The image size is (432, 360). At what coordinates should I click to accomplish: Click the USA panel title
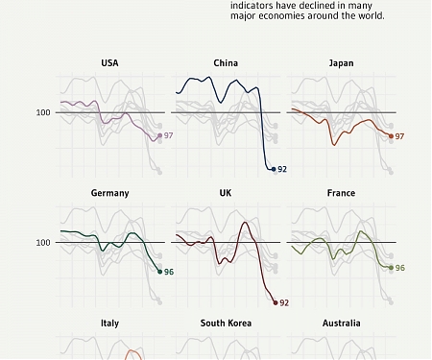click(109, 63)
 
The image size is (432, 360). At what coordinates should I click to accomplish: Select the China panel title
click(226, 63)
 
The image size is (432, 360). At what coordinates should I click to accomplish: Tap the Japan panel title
click(341, 63)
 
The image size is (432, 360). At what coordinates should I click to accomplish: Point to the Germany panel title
click(109, 193)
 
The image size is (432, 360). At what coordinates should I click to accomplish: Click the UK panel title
click(226, 193)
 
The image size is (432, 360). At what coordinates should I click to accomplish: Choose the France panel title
click(341, 193)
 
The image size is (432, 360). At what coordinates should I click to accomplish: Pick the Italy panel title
click(109, 324)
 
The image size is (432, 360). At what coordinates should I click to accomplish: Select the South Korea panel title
click(226, 324)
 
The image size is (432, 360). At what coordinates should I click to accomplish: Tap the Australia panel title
click(341, 324)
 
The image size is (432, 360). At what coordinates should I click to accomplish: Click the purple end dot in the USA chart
click(159, 136)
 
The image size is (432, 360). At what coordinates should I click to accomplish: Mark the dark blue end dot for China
click(274, 169)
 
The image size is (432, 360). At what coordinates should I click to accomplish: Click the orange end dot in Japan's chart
click(391, 137)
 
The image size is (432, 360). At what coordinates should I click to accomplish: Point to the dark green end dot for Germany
click(159, 272)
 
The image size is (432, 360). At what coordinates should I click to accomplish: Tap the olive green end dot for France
click(391, 268)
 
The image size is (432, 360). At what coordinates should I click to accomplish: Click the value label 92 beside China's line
click(282, 169)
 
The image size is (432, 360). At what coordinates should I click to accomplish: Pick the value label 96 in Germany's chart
click(169, 272)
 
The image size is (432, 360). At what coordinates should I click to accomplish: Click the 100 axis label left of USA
click(43, 112)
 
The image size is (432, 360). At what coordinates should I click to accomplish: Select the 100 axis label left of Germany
click(43, 242)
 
